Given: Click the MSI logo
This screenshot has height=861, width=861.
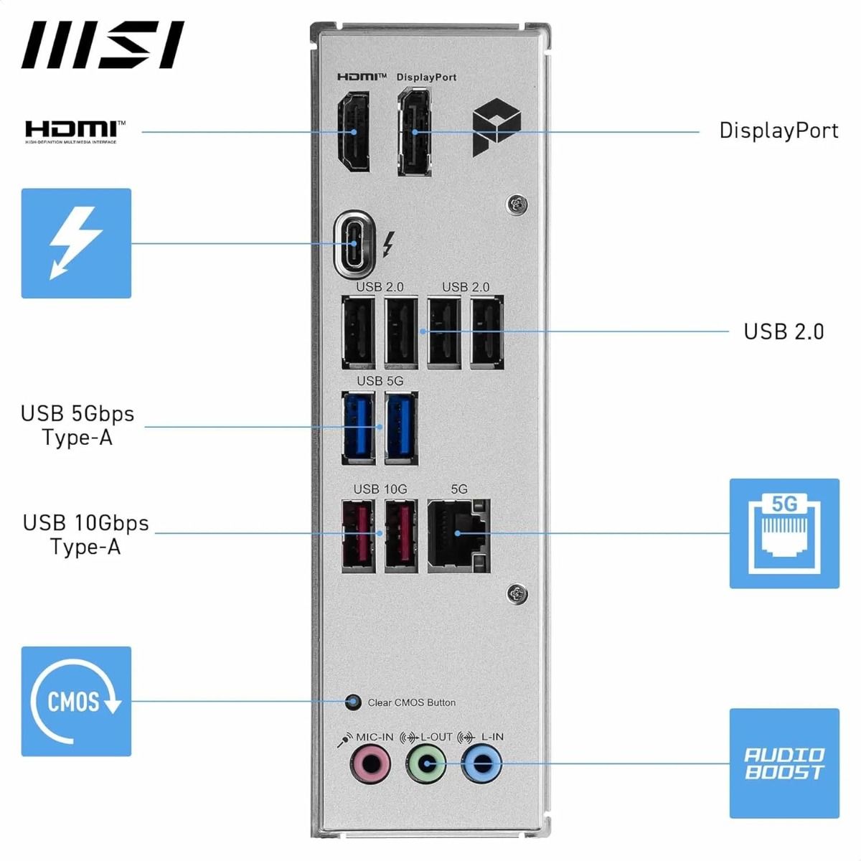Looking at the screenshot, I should [x=103, y=44].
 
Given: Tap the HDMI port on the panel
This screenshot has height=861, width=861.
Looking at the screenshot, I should [x=354, y=132].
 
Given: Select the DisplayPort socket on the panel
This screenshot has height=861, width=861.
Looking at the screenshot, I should [x=415, y=132].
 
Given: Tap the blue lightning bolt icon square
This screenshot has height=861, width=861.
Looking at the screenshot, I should [x=76, y=243].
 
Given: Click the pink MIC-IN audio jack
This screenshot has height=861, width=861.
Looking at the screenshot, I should [x=370, y=763].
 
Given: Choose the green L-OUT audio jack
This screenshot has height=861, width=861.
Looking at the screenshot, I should [x=427, y=763].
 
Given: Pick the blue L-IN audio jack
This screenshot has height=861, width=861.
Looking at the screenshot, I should [x=481, y=763].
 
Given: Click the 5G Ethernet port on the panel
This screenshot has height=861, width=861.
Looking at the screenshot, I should [x=458, y=535].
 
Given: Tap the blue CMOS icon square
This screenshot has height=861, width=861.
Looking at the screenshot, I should [x=76, y=701].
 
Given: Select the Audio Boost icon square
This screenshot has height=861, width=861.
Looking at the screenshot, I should [x=784, y=763].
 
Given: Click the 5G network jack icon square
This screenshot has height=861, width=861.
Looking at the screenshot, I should [x=784, y=533].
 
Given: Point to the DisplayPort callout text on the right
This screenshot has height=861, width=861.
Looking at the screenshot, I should [x=778, y=131].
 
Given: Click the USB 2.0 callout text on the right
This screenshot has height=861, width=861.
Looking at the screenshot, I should [x=784, y=331].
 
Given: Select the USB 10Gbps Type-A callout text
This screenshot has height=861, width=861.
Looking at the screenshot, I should [x=85, y=535].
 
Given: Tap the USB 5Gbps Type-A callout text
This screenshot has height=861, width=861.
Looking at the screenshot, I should [x=77, y=425].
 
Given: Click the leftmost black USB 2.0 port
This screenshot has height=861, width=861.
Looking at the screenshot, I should [x=359, y=332].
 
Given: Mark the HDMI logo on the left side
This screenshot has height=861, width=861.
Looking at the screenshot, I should [x=75, y=131].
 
